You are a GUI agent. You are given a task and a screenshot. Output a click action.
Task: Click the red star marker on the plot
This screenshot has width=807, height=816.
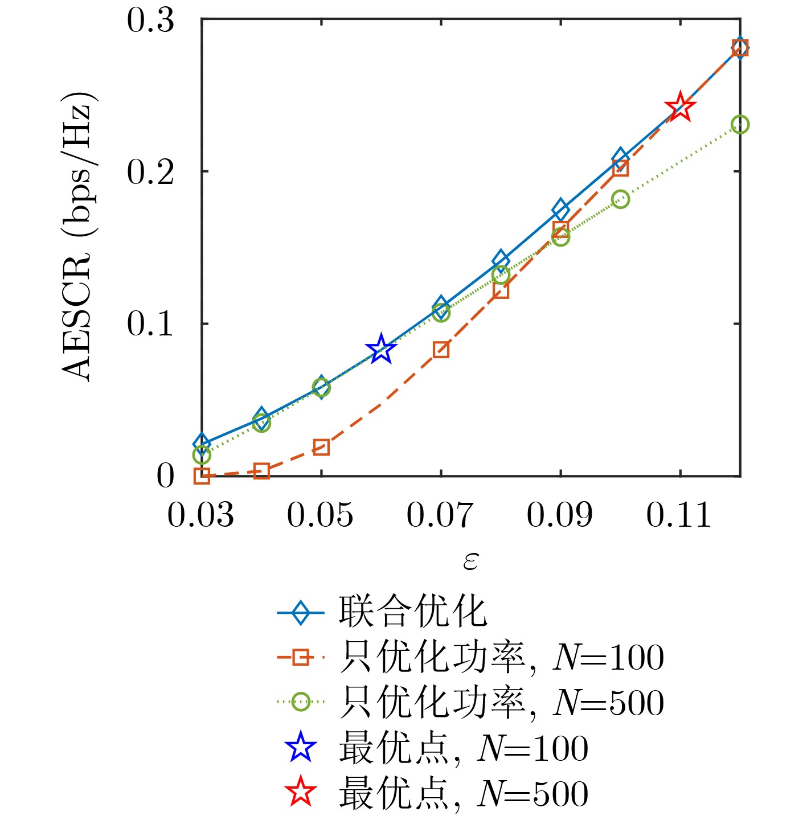click(x=680, y=106)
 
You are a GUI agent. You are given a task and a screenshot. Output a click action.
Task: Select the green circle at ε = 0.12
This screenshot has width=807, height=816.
click(x=740, y=125)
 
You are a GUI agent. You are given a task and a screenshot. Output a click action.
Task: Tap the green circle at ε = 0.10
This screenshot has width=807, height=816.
click(x=620, y=199)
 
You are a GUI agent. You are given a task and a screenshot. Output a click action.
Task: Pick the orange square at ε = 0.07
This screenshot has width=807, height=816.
click(x=441, y=350)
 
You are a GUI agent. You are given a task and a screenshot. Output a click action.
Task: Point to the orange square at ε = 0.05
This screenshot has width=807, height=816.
click(x=321, y=448)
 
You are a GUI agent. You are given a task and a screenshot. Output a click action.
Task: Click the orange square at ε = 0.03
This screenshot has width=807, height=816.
click(x=202, y=475)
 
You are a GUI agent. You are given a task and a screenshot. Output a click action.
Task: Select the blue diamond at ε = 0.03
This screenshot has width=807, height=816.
click(x=202, y=443)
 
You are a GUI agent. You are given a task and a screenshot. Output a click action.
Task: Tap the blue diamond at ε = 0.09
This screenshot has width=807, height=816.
click(x=560, y=210)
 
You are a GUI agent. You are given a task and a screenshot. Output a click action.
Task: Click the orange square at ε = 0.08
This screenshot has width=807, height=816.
click(x=501, y=291)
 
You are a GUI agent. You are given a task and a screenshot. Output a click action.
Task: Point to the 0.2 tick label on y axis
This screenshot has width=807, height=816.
click(x=150, y=171)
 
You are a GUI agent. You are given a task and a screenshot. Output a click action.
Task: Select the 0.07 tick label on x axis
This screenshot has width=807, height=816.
click(x=440, y=515)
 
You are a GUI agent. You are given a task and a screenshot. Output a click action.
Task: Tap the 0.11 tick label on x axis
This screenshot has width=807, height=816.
click(x=679, y=515)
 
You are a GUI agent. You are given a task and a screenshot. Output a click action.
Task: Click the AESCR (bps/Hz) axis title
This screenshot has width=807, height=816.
click(x=77, y=236)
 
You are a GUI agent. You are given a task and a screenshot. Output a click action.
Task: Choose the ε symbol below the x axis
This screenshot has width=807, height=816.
click(x=470, y=561)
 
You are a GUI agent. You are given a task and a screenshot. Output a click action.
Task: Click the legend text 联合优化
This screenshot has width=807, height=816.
click(x=412, y=612)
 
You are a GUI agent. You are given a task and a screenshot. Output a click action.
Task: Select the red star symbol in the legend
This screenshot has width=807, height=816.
click(x=301, y=793)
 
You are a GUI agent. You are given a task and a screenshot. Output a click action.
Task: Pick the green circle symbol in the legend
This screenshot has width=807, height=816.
click(x=301, y=702)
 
